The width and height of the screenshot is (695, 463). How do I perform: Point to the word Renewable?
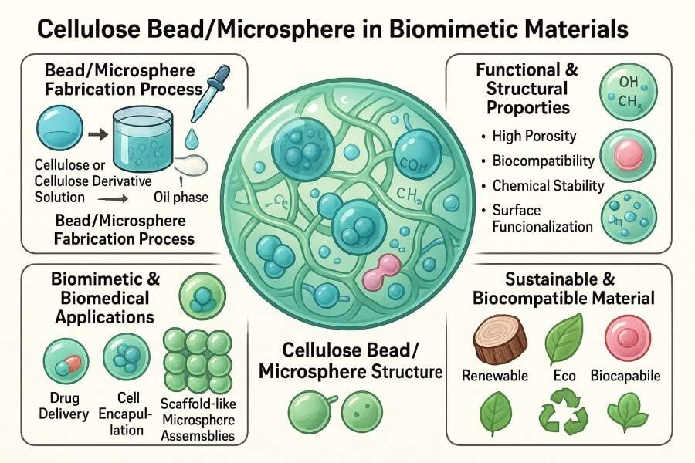coord(494,376)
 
